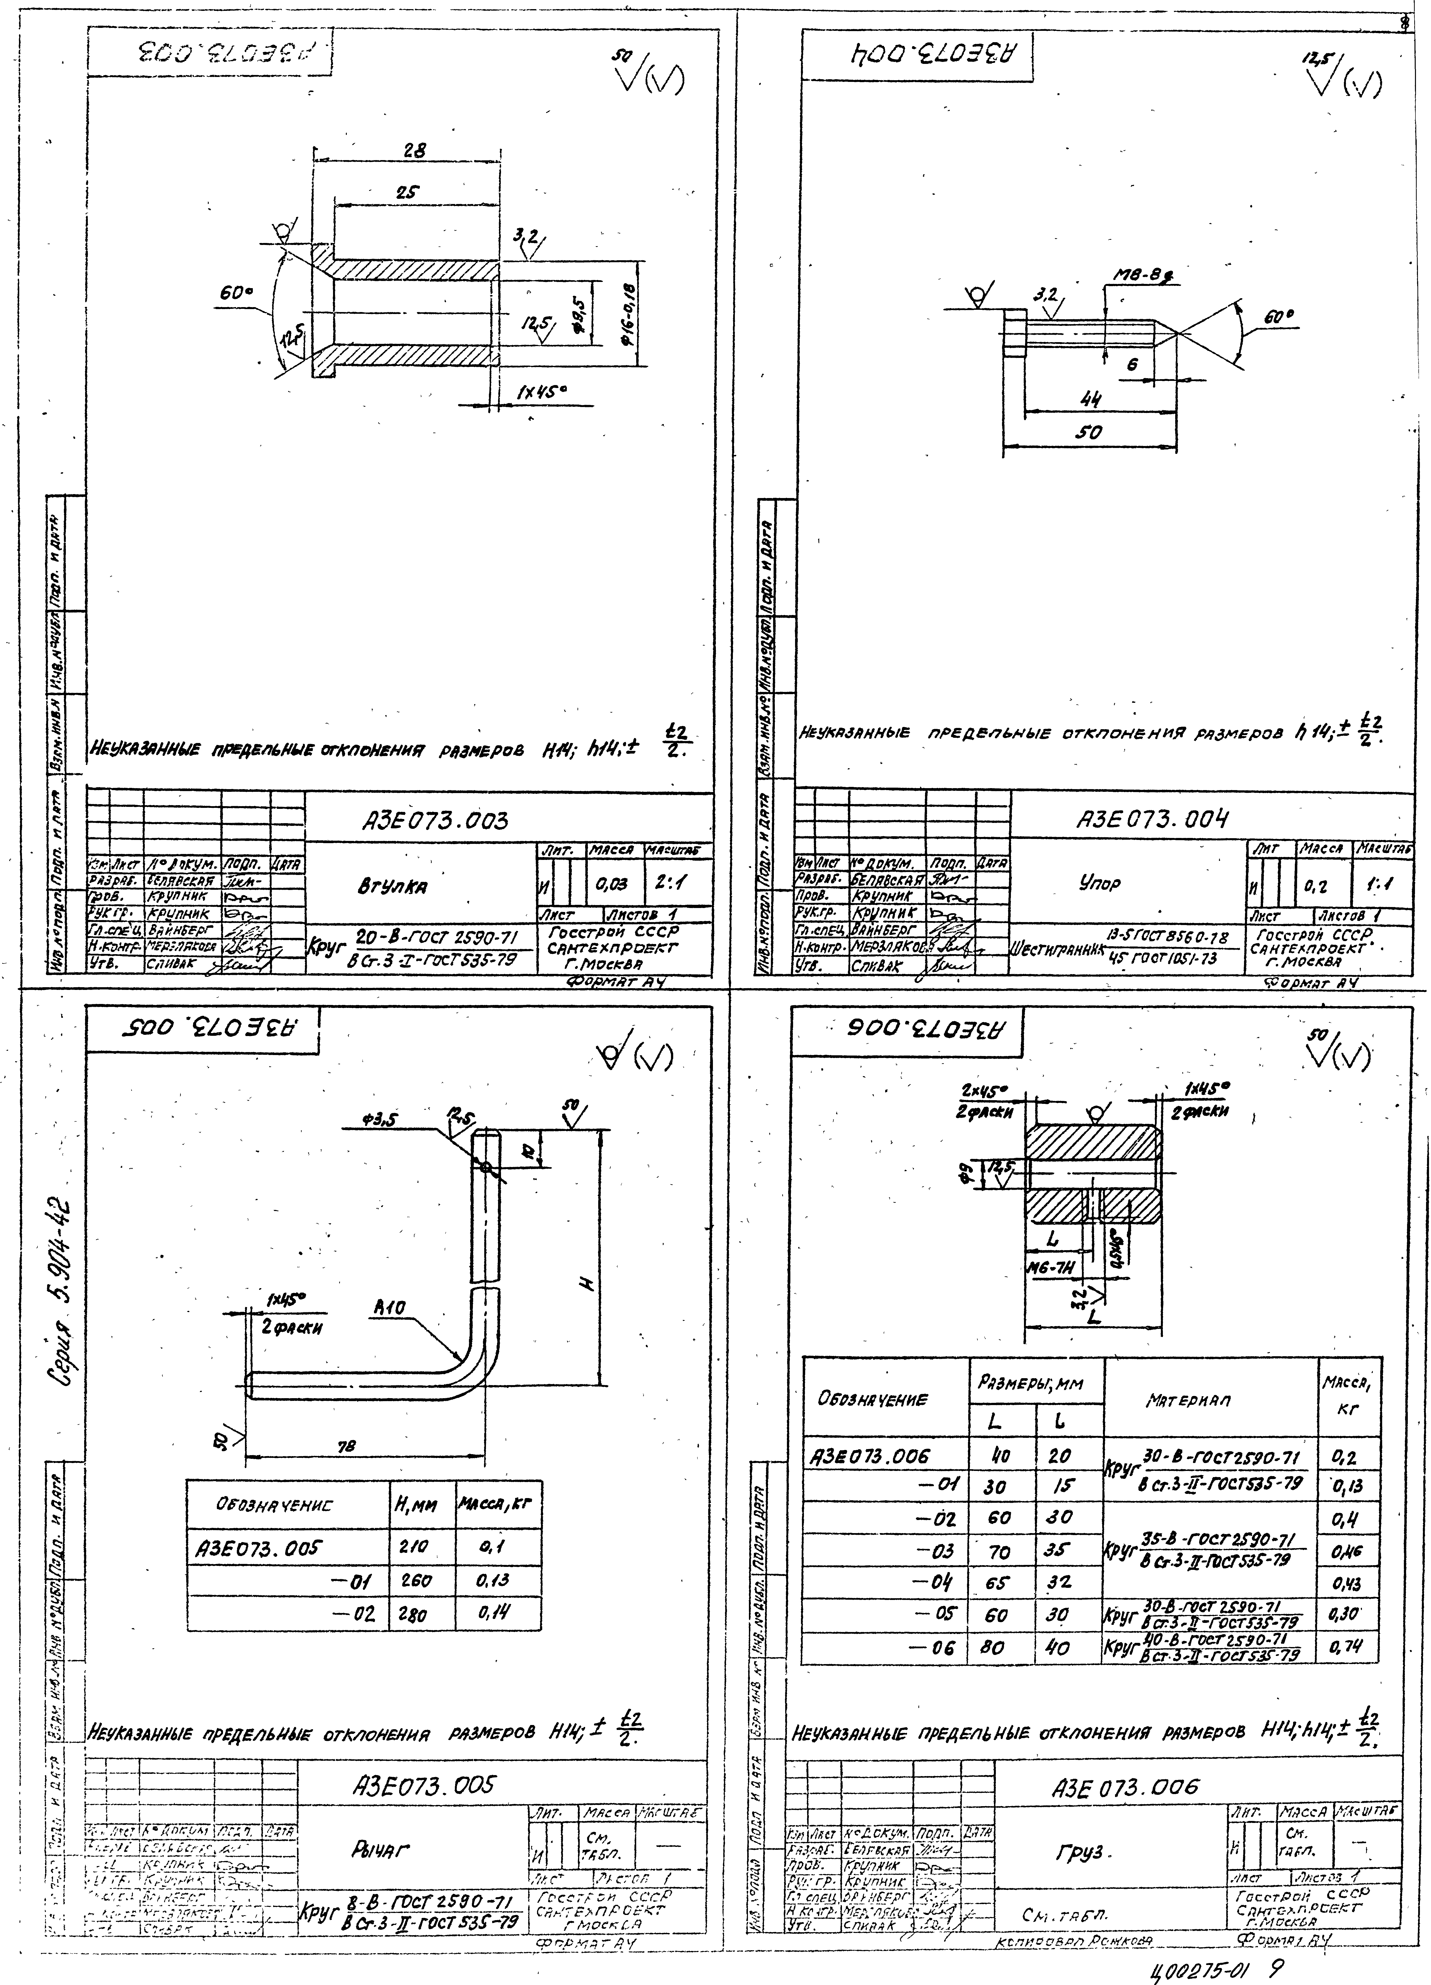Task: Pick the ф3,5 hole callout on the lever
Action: (x=378, y=1120)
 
